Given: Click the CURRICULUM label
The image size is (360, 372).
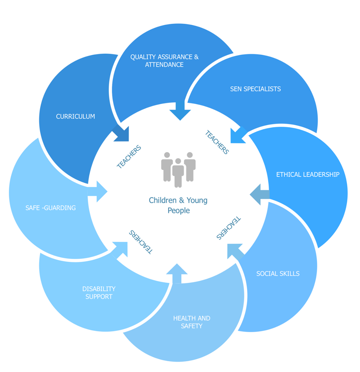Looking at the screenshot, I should click(75, 116).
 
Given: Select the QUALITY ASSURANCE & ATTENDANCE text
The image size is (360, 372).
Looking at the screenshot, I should click(164, 61).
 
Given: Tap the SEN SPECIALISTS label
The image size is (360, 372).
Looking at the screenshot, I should click(255, 89).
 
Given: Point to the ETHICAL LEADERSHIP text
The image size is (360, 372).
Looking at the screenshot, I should click(308, 175).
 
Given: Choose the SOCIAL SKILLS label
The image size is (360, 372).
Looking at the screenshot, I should click(278, 274).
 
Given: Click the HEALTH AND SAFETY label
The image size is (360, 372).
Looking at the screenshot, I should click(191, 322).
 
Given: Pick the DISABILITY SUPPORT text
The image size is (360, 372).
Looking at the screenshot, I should click(99, 293).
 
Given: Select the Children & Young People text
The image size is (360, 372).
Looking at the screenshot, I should click(178, 205).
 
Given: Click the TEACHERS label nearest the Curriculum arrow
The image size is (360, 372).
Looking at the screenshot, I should click(129, 157).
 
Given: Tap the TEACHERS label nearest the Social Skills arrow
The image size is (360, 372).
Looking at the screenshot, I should click(229, 228).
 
